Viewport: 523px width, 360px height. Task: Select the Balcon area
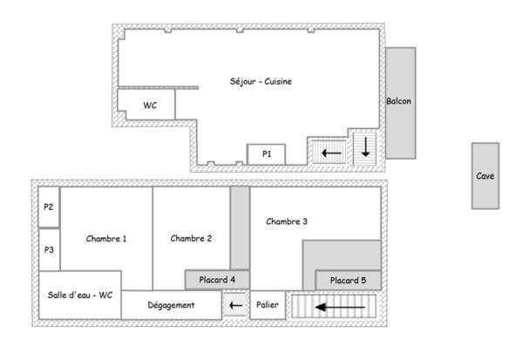tap(399, 102)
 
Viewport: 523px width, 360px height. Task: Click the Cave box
tap(486, 175)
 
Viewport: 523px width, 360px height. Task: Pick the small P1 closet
tap(268, 154)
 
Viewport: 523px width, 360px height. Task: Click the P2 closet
tap(49, 207)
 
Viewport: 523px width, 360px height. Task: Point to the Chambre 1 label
tap(106, 238)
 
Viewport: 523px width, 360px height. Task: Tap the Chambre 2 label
tap(191, 238)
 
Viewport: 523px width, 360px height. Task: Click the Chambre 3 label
tap(287, 221)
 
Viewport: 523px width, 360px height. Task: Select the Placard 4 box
tap(217, 279)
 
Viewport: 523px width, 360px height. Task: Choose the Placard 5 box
tap(347, 280)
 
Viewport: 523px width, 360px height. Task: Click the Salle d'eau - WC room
tap(80, 295)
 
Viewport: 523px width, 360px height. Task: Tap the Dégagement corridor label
tap(171, 305)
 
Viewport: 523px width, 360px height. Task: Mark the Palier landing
tap(268, 306)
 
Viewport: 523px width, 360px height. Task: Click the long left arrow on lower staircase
tap(340, 307)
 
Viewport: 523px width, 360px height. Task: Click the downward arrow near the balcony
tap(364, 147)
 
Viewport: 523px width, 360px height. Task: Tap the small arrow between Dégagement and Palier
tap(235, 306)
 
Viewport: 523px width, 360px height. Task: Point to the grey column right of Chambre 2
tap(240, 227)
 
